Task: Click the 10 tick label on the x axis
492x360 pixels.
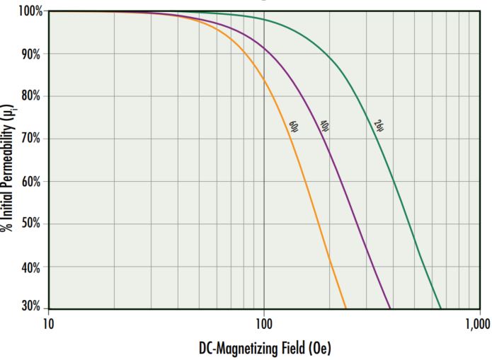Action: coord(48,324)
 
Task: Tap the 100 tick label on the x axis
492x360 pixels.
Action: coord(263,324)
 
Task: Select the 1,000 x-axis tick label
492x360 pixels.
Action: coord(477,324)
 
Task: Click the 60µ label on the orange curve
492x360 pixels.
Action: coord(292,127)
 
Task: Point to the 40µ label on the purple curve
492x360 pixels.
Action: coord(326,126)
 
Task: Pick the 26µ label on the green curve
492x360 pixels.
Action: coord(378,125)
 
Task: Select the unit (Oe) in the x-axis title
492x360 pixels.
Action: coord(318,347)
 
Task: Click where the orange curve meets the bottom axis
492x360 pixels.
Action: coord(345,308)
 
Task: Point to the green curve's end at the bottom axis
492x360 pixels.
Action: coord(440,308)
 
